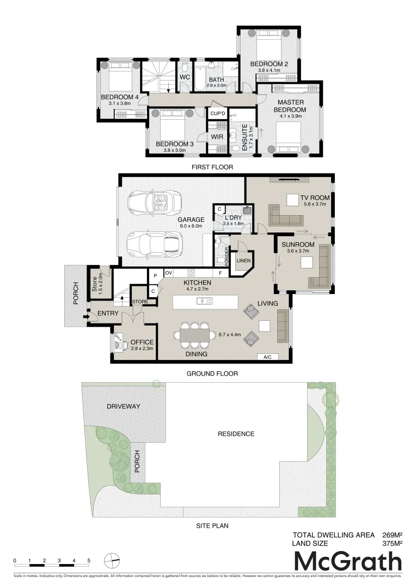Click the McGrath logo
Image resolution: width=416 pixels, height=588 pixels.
point(348,561)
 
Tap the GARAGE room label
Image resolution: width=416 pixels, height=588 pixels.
point(191,219)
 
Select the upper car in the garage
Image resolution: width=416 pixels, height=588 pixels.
point(155,204)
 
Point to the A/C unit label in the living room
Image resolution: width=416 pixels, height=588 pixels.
point(267,357)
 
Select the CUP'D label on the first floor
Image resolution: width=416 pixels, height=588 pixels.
point(218,113)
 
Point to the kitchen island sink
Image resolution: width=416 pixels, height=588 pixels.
point(206,301)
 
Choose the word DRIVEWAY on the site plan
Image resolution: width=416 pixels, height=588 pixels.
point(124,406)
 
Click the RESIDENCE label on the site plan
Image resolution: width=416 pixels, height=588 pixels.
point(236,434)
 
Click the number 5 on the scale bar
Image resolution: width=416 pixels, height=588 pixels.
point(88,560)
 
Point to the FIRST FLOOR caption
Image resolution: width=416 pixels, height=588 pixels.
point(212,168)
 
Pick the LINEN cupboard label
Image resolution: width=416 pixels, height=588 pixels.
point(243,261)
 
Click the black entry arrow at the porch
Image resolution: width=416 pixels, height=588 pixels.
point(85,316)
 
